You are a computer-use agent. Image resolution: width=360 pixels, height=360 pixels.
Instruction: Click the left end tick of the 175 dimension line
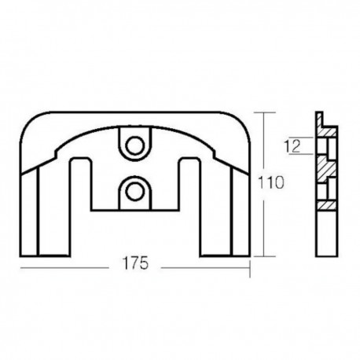point(20,268)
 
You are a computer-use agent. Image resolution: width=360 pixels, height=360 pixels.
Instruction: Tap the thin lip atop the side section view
point(321,116)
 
